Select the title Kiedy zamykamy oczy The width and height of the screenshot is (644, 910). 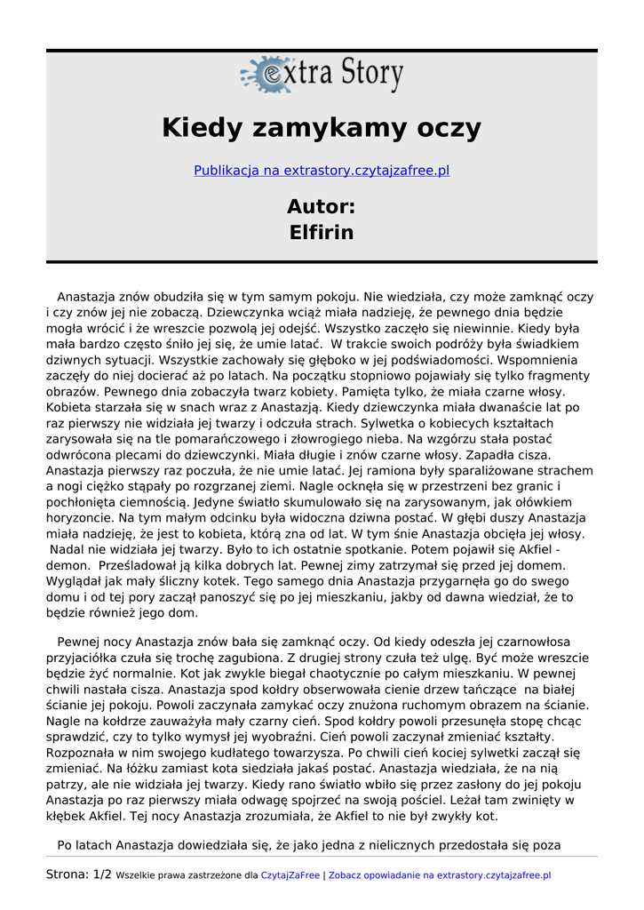pyautogui.click(x=322, y=128)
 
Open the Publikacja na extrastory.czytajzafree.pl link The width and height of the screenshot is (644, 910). pyautogui.click(x=322, y=170)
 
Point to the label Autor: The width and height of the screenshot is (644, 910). pyautogui.click(x=322, y=207)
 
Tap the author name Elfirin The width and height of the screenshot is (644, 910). pyautogui.click(x=322, y=233)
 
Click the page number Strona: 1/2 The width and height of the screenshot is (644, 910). pyautogui.click(x=79, y=874)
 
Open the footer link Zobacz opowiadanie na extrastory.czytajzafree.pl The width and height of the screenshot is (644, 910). pyautogui.click(x=440, y=875)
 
